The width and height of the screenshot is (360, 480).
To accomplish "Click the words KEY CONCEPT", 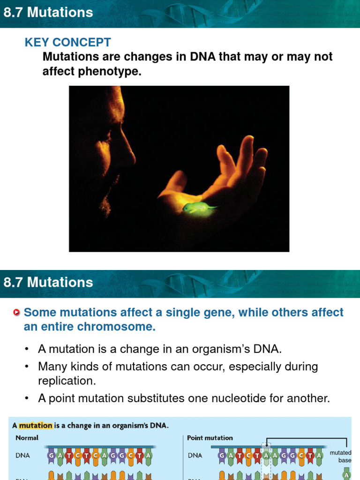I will pos(67,42).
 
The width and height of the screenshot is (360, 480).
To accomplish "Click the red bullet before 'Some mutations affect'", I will pos(17,313).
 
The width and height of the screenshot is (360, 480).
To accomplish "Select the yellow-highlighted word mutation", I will pos(36,426).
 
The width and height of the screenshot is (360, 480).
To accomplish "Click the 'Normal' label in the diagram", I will pos(27,438).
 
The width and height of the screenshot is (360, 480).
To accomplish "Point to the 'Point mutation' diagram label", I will pos(210,438).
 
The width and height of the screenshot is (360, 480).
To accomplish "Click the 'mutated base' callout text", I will pos(340,457).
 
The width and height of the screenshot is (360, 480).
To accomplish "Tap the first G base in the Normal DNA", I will pos(51,455).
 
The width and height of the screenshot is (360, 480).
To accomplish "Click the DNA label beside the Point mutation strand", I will pos(195,455).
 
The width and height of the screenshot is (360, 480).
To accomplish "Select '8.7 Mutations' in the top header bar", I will pos(48,13).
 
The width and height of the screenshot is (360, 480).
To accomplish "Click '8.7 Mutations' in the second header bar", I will pos(48,282).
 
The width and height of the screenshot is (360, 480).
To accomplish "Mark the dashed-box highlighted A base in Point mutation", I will pos(266,455).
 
